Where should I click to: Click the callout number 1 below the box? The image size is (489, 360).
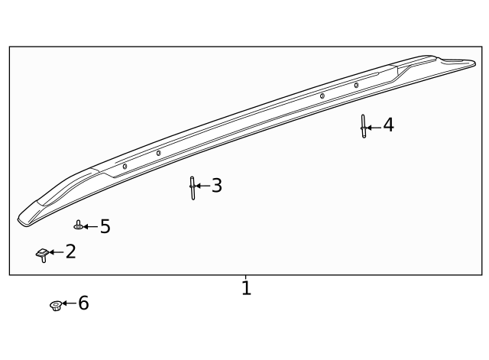[x=246, y=289]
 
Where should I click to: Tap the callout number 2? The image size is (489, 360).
[x=70, y=251]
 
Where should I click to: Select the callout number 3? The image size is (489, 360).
[x=217, y=186]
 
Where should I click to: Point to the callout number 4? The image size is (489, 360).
[x=388, y=125]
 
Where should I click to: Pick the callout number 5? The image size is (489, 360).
[x=105, y=227]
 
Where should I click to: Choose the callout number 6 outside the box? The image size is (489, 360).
[x=83, y=303]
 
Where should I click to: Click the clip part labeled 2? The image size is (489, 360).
[x=43, y=254]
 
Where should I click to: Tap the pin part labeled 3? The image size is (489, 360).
[x=193, y=187]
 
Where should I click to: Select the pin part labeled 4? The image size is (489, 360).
[x=364, y=127]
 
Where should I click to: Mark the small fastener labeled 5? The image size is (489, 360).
[x=78, y=226]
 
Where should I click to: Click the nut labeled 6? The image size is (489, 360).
[x=55, y=305]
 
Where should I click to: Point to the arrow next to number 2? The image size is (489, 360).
[x=56, y=252]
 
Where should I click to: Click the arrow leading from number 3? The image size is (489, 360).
[x=203, y=186]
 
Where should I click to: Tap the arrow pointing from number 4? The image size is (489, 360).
[x=374, y=126]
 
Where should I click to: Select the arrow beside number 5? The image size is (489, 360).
[x=90, y=227]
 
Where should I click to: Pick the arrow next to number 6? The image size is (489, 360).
[x=69, y=303]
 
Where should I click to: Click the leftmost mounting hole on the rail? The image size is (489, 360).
[x=125, y=166]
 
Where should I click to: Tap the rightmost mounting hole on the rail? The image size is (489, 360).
[x=356, y=85]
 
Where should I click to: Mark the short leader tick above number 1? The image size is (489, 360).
[x=246, y=277]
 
